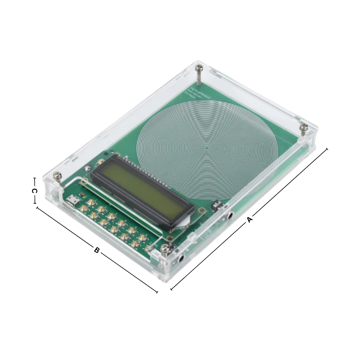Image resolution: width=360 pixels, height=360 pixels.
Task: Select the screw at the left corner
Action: pyautogui.click(x=57, y=176)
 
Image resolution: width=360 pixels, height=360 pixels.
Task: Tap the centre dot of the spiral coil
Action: pyautogui.click(x=206, y=147)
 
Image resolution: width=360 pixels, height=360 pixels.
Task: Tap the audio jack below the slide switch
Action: pyautogui.click(x=229, y=216)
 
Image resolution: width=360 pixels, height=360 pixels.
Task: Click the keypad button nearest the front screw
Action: pyautogui.click(x=148, y=248)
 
